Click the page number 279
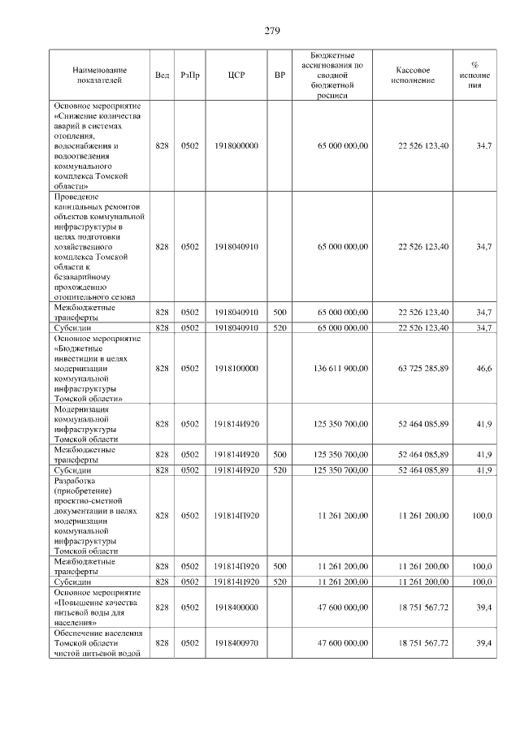pyautogui.click(x=271, y=31)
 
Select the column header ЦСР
pyautogui.click(x=236, y=75)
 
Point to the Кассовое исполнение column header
pyautogui.click(x=418, y=75)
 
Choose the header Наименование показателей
pyautogui.click(x=99, y=75)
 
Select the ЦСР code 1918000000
pyautogui.click(x=236, y=145)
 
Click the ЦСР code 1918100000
pyautogui.click(x=236, y=368)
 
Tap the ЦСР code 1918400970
pyautogui.click(x=236, y=642)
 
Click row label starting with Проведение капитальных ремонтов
pyautogui.click(x=99, y=246)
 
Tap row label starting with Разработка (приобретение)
pyautogui.click(x=99, y=515)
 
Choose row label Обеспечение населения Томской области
pyautogui.click(x=99, y=642)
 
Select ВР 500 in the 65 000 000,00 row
pyautogui.click(x=279, y=312)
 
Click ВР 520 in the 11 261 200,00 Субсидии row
pyautogui.click(x=279, y=582)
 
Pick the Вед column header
pyautogui.click(x=162, y=75)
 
